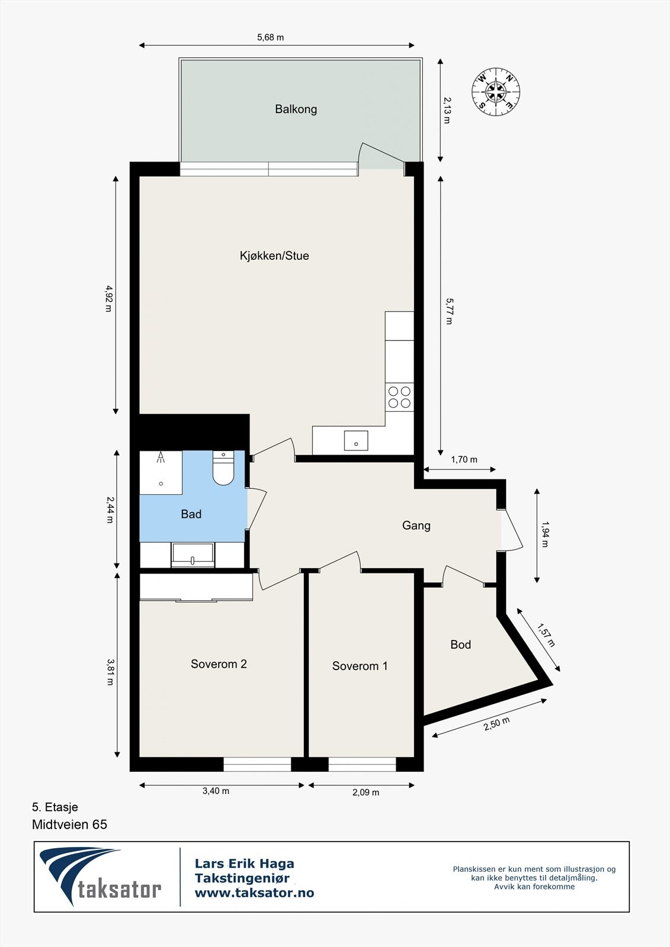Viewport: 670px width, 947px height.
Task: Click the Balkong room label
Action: coord(296,109)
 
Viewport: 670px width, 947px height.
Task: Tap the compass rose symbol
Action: coord(496,92)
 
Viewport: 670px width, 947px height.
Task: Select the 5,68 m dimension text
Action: coord(270,37)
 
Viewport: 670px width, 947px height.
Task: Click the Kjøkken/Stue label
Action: coord(274,256)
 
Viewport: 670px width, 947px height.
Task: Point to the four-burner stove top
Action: coord(399,397)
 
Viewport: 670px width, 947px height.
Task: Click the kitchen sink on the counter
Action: coord(356,441)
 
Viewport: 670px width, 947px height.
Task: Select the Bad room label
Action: coord(191,514)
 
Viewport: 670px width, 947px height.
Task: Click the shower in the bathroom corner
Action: coord(161,472)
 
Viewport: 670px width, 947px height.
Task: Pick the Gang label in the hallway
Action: coord(416,526)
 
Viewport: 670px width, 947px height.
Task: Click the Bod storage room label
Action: coord(460,645)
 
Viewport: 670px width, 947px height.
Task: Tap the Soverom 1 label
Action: coord(360,666)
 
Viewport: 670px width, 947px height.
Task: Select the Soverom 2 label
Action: coord(219,664)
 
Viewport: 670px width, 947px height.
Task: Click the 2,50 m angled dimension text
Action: coord(496,724)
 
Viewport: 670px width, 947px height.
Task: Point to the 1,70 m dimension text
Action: coord(464,459)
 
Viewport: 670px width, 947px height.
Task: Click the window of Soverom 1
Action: coord(362,764)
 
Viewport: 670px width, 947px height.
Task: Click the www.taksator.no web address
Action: coord(254,893)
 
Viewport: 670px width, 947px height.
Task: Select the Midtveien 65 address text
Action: coord(69,824)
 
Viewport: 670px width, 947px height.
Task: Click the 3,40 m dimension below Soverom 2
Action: coord(216,791)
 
